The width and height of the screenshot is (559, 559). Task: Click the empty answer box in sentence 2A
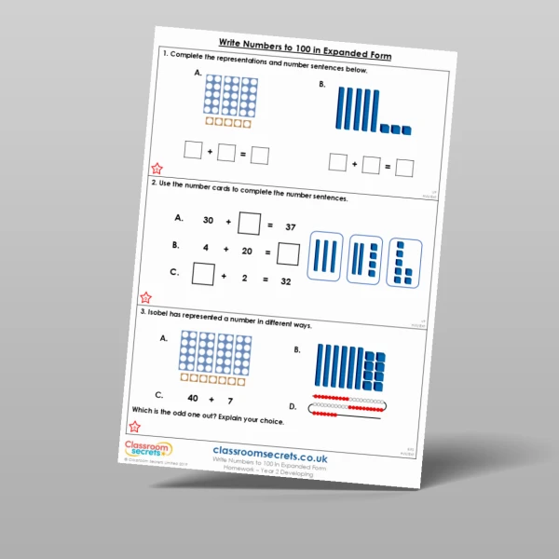point(249,224)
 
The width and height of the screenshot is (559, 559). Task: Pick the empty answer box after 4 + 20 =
point(289,253)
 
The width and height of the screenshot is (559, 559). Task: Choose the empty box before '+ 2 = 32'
point(202,274)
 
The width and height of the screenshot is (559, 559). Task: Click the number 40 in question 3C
point(194,397)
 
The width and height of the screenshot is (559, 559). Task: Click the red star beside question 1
point(157,169)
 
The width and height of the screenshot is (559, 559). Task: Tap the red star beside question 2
point(145,298)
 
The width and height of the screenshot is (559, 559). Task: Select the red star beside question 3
point(135,427)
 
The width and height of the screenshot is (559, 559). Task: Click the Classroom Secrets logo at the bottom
point(148,451)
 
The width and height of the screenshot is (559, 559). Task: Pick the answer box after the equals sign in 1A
point(260,156)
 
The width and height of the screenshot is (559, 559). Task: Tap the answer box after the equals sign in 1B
point(404,168)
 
